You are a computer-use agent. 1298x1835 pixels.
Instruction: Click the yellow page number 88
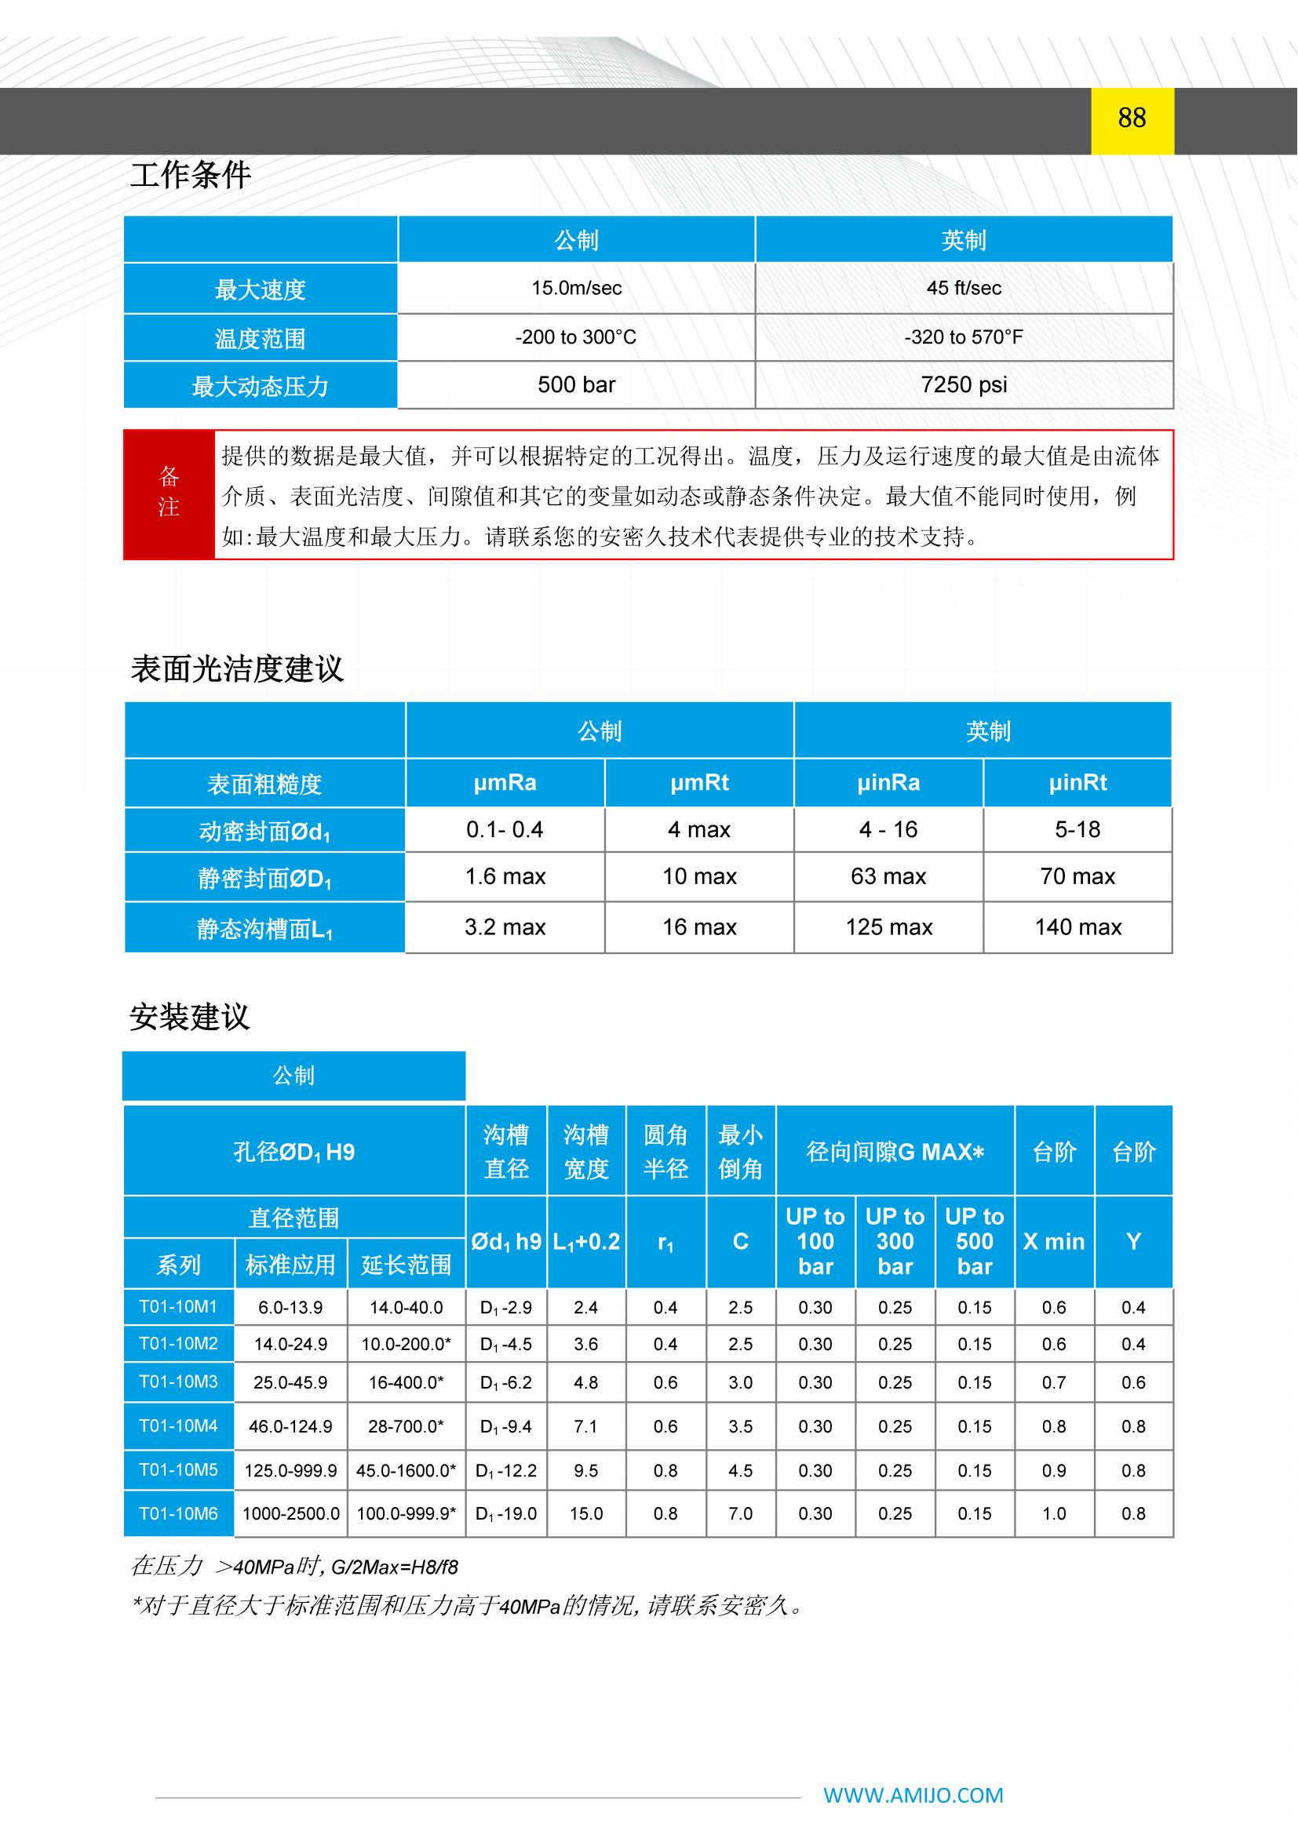point(1132,118)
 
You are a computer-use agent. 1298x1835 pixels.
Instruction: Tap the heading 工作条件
point(190,175)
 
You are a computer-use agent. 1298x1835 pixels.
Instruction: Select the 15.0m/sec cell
point(576,289)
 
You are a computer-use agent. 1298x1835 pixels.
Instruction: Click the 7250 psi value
point(963,385)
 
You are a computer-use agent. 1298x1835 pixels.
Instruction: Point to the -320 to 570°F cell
point(963,337)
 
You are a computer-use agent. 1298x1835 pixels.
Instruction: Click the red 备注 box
point(169,494)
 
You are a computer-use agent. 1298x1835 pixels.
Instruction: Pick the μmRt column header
point(699,782)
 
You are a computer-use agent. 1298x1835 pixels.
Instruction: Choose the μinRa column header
point(888,782)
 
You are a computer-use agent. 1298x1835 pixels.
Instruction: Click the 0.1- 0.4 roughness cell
point(505,829)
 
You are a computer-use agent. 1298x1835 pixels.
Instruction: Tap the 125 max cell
point(889,927)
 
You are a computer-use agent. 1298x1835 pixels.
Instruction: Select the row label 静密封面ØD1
point(264,879)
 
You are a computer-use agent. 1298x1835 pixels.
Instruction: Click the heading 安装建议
point(190,1018)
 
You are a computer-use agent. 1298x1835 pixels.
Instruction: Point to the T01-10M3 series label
point(178,1382)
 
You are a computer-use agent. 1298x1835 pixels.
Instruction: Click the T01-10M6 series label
point(178,1513)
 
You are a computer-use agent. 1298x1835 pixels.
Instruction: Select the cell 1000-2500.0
point(291,1513)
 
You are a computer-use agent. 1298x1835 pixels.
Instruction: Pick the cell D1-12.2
point(506,1470)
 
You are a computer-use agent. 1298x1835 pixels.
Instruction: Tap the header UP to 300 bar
point(895,1241)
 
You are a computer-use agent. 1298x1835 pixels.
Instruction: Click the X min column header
point(1053,1241)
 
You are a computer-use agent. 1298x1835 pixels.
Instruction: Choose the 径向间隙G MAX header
point(895,1152)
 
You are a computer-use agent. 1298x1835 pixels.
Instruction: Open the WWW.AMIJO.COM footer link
point(913,1795)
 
